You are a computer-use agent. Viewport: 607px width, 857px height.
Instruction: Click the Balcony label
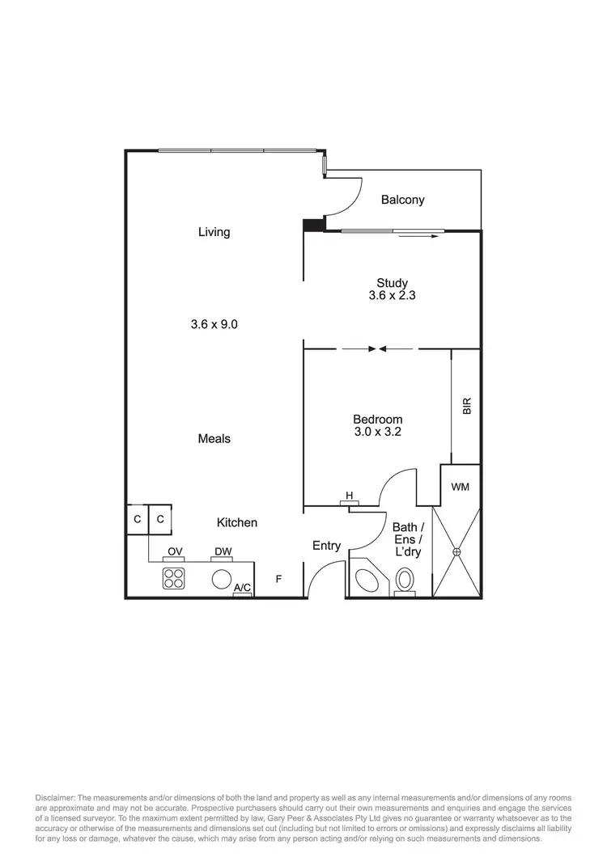coord(402,200)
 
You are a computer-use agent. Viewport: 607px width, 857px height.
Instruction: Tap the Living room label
coord(214,232)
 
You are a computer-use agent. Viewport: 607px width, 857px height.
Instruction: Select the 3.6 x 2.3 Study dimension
coord(392,296)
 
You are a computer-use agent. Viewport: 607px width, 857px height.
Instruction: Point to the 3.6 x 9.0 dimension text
coord(214,324)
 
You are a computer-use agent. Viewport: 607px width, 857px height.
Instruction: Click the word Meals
coord(214,438)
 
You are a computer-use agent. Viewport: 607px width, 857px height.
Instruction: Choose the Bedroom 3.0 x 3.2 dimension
coord(377,432)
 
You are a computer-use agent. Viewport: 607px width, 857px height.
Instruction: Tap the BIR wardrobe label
coord(466,406)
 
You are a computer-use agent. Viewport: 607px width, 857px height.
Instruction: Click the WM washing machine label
coord(460,487)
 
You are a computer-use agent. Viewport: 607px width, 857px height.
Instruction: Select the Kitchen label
coord(237,523)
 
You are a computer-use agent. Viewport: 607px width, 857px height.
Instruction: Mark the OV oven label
coord(175,552)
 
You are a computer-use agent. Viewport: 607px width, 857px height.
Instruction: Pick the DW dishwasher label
coord(223,552)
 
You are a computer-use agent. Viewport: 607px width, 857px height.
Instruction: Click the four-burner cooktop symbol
coord(174,578)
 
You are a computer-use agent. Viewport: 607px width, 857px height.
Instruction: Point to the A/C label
coord(242,589)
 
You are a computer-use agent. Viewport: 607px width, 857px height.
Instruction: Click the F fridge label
coord(278,579)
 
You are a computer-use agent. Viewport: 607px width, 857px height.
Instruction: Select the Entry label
coord(327,546)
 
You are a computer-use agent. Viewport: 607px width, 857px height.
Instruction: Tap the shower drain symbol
coord(456,552)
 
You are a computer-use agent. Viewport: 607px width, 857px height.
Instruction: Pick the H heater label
coord(350,495)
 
